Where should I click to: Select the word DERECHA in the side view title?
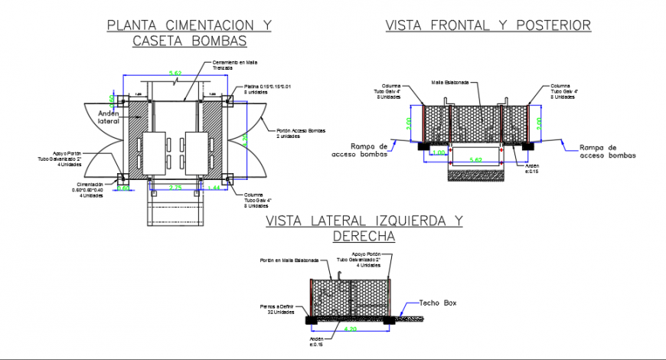click(364, 237)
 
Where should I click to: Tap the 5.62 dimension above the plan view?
click(175, 74)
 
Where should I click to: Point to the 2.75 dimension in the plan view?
click(175, 188)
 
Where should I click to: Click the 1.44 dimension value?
click(214, 188)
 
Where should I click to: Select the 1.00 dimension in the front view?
click(438, 152)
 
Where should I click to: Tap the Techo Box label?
click(437, 303)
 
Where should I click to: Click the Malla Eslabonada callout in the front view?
click(451, 82)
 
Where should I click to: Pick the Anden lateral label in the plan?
click(110, 116)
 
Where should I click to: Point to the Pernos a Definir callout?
click(276, 309)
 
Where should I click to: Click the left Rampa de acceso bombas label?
click(359, 150)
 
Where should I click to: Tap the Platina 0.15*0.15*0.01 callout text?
click(267, 90)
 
